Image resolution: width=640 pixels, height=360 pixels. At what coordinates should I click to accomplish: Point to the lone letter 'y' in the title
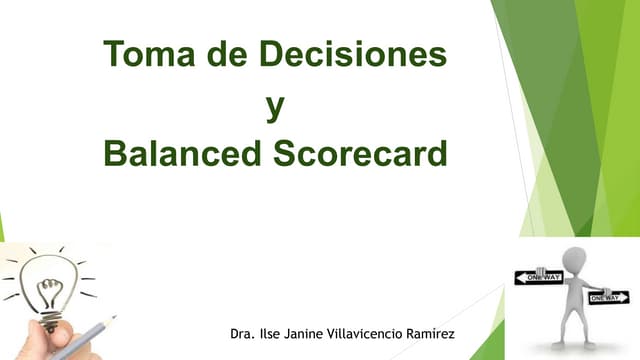274,105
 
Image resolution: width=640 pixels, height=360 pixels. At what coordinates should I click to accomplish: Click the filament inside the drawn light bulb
46,289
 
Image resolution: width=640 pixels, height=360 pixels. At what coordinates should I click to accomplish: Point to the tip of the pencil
113,318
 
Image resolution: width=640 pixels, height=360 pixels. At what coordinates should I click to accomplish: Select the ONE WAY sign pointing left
539,277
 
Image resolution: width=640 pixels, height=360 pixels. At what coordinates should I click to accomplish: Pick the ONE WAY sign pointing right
608,297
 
